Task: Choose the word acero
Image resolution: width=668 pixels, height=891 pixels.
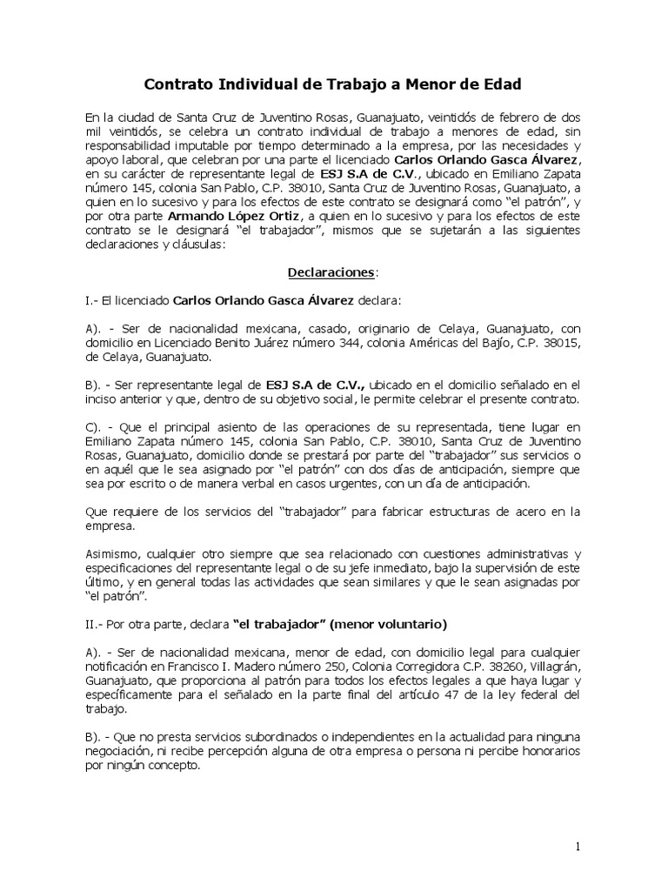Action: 519,511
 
